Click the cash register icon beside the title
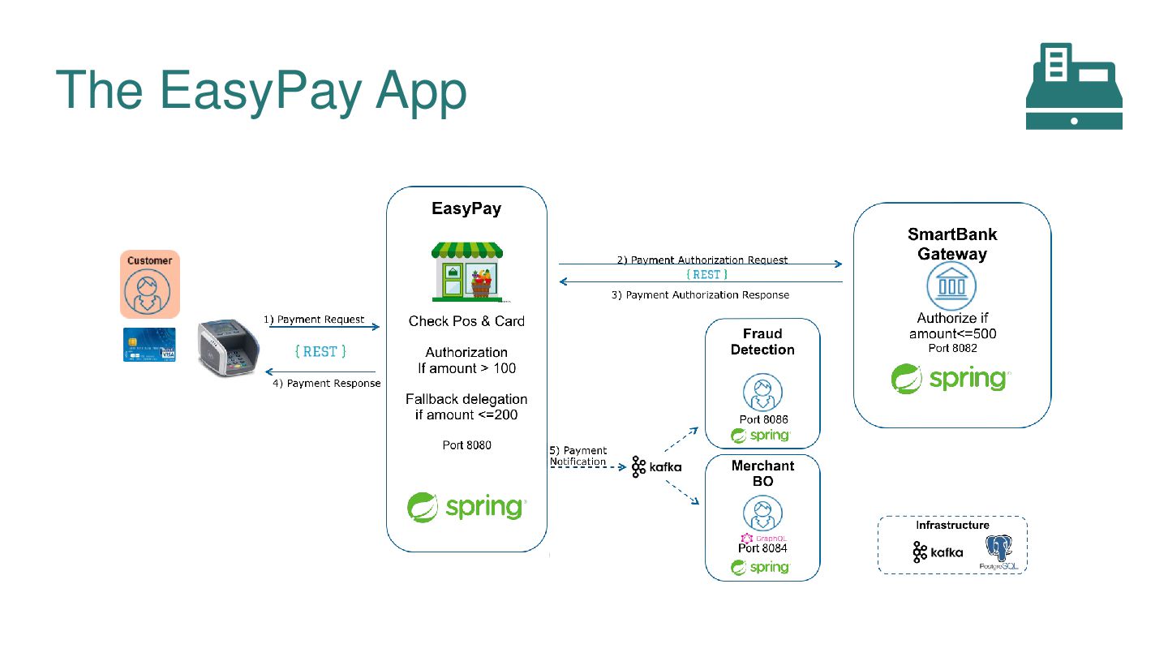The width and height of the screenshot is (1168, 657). [x=1074, y=86]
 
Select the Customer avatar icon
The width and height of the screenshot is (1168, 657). [x=148, y=291]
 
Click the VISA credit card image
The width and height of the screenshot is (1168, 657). [x=149, y=344]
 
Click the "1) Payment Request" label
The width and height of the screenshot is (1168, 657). [x=314, y=320]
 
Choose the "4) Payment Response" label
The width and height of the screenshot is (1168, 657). [x=326, y=383]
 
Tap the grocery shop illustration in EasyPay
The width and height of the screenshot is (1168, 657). [x=466, y=271]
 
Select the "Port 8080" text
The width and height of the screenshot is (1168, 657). [x=466, y=445]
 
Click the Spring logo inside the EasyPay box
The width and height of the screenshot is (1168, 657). [x=466, y=507]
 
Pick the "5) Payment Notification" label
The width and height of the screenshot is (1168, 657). [x=578, y=456]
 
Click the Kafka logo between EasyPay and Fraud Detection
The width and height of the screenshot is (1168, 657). [x=655, y=467]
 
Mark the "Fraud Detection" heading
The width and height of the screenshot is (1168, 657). [x=762, y=341]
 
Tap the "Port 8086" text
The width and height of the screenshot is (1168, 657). [x=763, y=419]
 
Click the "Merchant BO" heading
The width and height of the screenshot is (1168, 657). [x=762, y=473]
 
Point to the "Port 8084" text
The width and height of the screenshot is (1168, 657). [x=762, y=548]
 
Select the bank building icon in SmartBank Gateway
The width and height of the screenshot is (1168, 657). [x=951, y=286]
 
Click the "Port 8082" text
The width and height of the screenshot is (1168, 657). [x=952, y=348]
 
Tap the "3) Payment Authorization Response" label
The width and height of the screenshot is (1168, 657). [x=699, y=294]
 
